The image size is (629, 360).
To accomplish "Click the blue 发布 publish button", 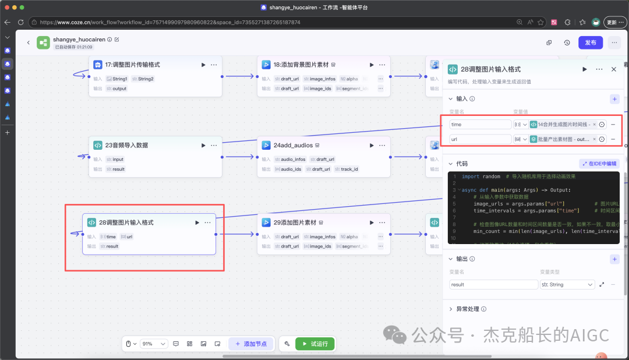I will pyautogui.click(x=591, y=43).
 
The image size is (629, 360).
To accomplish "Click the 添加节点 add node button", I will pyautogui.click(x=252, y=344).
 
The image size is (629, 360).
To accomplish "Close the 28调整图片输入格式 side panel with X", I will pyautogui.click(x=613, y=69).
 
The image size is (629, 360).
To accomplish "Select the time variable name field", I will pyautogui.click(x=480, y=125).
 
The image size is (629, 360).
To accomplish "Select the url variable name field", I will pyautogui.click(x=480, y=139).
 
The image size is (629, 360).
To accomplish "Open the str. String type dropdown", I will pyautogui.click(x=566, y=285).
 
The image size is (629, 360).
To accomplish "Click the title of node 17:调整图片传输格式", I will pyautogui.click(x=133, y=65).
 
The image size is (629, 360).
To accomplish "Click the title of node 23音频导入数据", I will pyautogui.click(x=126, y=145).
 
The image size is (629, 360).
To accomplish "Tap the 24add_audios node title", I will pyautogui.click(x=293, y=145).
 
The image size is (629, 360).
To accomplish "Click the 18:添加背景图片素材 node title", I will pyautogui.click(x=301, y=65).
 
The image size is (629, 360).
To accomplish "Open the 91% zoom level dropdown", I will pyautogui.click(x=154, y=344).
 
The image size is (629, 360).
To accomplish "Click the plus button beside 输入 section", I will pyautogui.click(x=614, y=99).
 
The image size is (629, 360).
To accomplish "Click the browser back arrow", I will pyautogui.click(x=8, y=22).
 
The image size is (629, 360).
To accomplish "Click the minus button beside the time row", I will pyautogui.click(x=613, y=124).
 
